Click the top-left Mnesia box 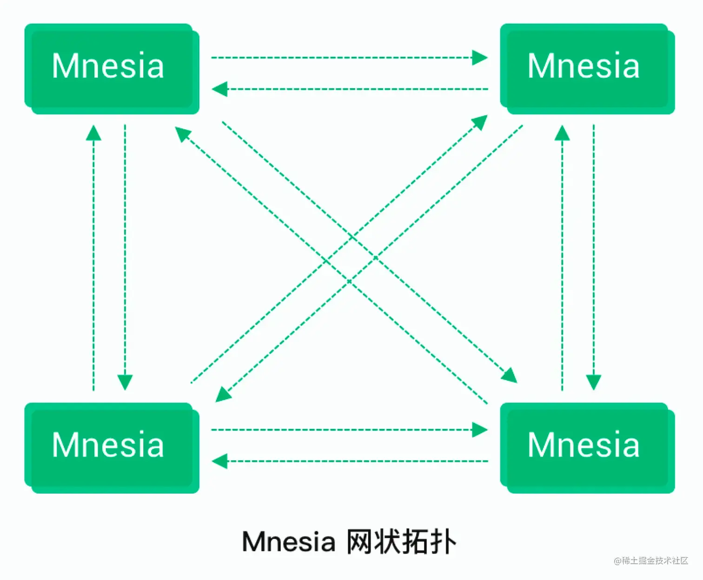click(112, 68)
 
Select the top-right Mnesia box click(587, 68)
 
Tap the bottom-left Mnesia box click(112, 447)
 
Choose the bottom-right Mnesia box click(587, 447)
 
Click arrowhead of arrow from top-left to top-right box click(480, 58)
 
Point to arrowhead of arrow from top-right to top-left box click(219, 89)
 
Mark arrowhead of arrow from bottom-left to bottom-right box click(480, 430)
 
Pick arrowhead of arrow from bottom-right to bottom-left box click(219, 461)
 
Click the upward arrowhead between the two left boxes click(93, 133)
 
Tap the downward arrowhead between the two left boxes click(125, 382)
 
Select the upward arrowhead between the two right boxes click(562, 133)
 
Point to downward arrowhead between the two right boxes click(593, 382)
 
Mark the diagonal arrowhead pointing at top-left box click(182, 134)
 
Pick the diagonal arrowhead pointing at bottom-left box click(223, 395)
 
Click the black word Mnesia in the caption click(288, 542)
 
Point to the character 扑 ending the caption click(443, 542)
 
